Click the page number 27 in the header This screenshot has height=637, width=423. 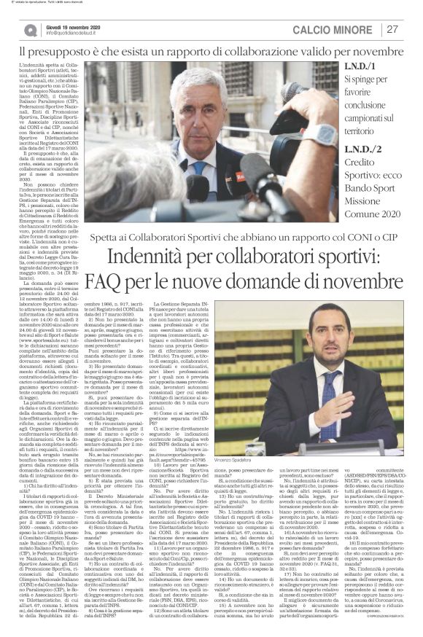click(x=392, y=29)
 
